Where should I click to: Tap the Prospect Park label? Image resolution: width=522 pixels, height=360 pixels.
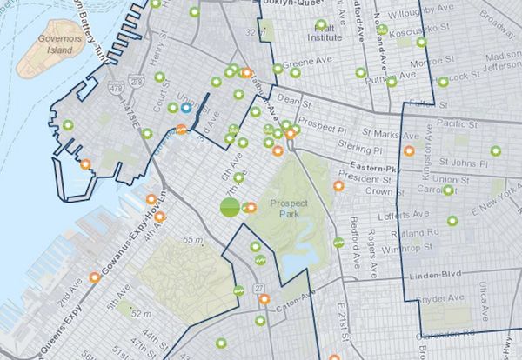[284, 209]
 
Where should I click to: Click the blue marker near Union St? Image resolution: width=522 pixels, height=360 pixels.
[186, 109]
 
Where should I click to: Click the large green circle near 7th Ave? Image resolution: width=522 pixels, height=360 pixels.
[230, 207]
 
